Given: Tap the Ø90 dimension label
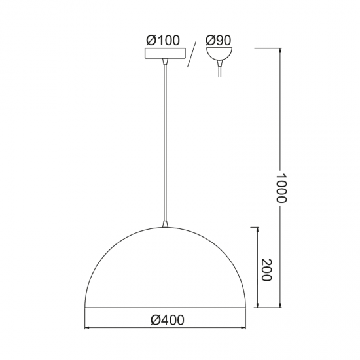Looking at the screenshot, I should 218,40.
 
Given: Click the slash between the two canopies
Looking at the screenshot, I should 193,56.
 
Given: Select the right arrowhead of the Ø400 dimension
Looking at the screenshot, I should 247,328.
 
